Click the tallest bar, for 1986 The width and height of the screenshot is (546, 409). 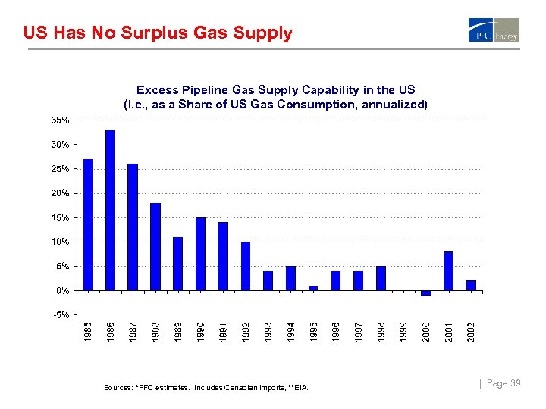(110, 210)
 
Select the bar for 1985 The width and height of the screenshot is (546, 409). (87, 224)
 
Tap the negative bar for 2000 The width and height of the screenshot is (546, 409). (425, 293)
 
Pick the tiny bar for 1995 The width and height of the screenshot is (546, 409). (313, 288)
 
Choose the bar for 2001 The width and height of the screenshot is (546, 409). (448, 270)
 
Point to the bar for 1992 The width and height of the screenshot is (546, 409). (246, 266)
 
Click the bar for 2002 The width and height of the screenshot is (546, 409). (471, 286)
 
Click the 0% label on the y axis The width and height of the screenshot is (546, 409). (63, 290)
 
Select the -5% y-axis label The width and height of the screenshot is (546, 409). (61, 314)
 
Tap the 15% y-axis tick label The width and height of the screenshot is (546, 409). (61, 217)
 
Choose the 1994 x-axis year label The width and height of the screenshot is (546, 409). (291, 331)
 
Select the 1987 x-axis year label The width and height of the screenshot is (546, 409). (133, 331)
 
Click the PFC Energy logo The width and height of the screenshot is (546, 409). (493, 30)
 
